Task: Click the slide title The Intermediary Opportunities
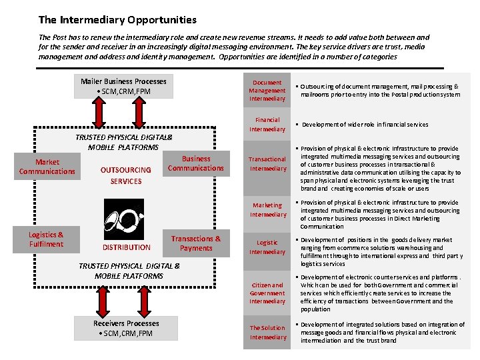pos(117,20)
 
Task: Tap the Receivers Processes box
pos(125,328)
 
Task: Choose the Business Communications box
pos(196,163)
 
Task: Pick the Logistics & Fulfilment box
pos(46,239)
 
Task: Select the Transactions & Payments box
pos(196,243)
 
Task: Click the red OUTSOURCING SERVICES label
pos(126,175)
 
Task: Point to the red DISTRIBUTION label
pos(126,247)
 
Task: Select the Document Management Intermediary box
pos(267,91)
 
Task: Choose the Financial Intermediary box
pos(267,125)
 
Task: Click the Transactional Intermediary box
pos(267,164)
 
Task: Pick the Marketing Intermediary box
pos(267,210)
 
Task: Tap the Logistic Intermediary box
pos(267,247)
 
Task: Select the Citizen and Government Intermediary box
pos(267,293)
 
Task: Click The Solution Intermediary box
pos(267,332)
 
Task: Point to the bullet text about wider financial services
pos(365,125)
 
